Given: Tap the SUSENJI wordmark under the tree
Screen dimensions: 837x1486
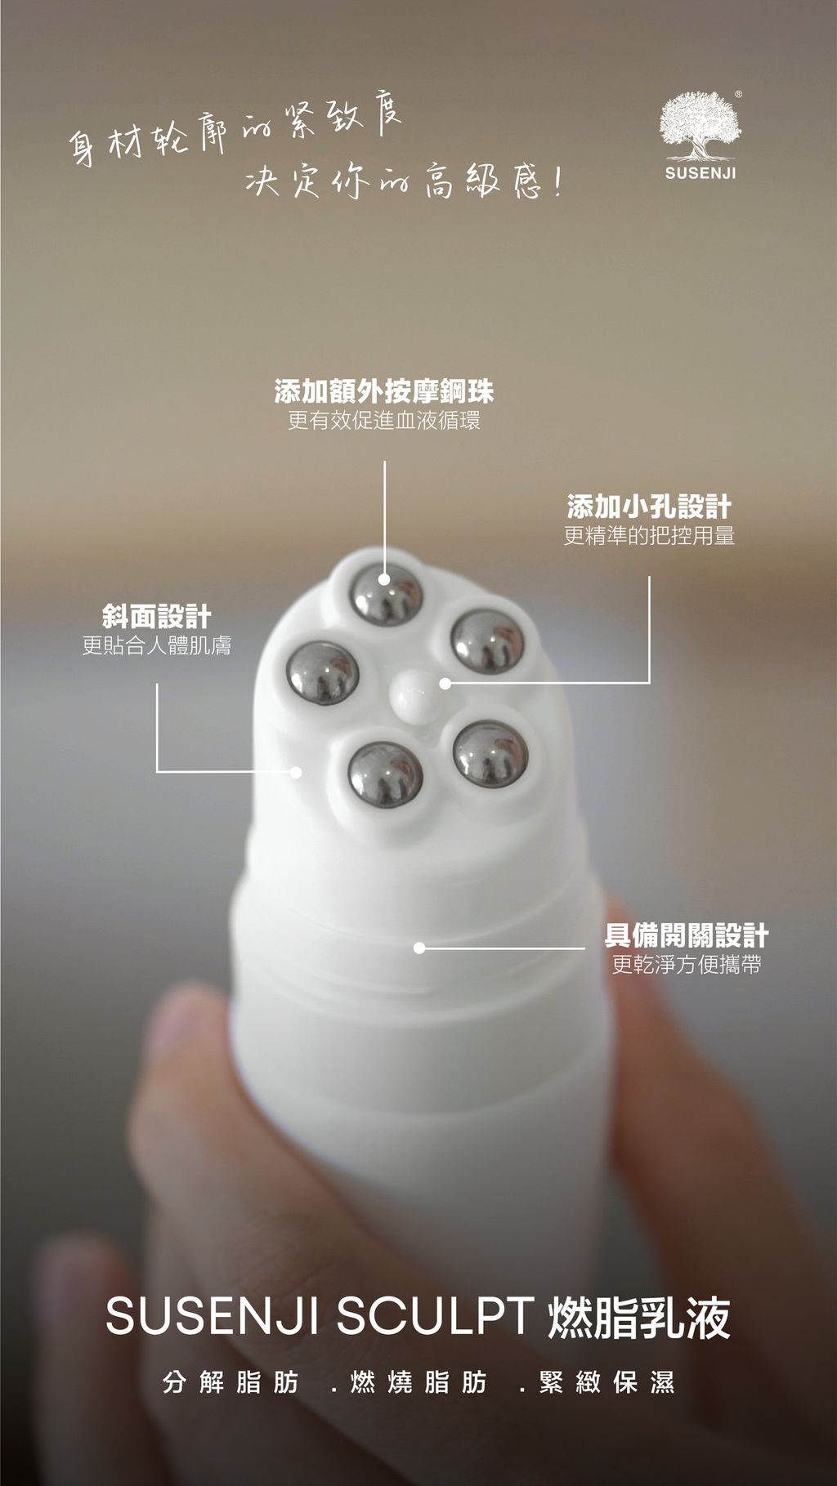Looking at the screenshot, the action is [700, 173].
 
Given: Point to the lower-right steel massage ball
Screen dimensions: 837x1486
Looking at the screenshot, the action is [490, 755].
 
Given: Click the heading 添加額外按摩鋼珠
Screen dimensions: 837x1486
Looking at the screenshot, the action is [384, 392].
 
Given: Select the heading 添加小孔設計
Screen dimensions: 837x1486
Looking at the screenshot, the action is [650, 506].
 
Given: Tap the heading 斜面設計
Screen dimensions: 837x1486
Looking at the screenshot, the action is [157, 616].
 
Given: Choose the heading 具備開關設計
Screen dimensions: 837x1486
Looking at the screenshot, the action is [687, 935].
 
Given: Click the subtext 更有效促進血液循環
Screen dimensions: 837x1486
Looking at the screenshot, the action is [384, 421].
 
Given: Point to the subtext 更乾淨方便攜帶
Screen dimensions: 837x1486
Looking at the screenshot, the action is [687, 965].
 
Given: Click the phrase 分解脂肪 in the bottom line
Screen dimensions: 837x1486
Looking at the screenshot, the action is [231, 1382].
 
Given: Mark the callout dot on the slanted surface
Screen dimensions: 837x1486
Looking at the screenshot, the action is [296, 771].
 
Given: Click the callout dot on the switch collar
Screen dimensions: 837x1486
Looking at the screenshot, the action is [419, 948].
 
